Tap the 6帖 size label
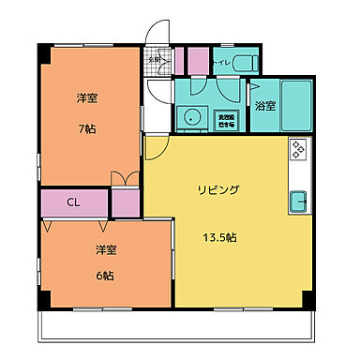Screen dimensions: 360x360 [x=104, y=276]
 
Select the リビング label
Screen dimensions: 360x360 [x=217, y=190]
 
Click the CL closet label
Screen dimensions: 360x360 [x=72, y=202]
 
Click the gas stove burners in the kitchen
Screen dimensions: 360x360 [x=299, y=150]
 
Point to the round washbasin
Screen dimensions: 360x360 [x=191, y=117]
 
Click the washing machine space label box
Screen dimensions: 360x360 [x=226, y=119]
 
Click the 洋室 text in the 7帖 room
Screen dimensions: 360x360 [x=86, y=97]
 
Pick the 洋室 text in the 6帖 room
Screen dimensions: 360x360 [x=104, y=251]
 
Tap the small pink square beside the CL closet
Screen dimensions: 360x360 [x=125, y=202]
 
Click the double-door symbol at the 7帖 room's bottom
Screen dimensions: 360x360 [x=118, y=179]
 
